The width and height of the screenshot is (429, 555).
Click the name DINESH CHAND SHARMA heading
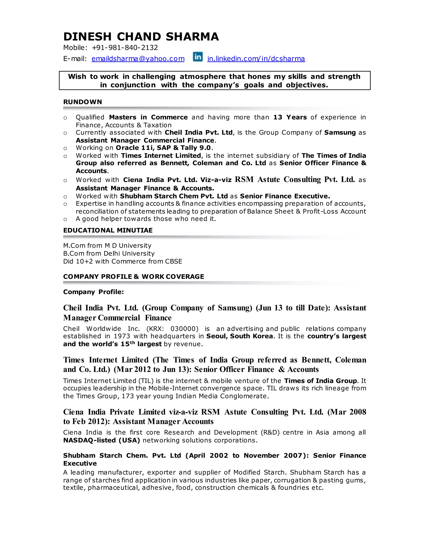[141, 37]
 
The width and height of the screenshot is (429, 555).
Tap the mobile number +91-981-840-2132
[125, 48]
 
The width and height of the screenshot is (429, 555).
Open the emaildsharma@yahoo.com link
[138, 59]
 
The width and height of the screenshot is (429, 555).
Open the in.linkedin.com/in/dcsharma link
[256, 59]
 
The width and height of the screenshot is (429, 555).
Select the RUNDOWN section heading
[82, 102]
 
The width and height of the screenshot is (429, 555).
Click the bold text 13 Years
[290, 117]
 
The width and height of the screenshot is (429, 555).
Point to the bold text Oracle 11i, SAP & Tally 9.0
[163, 148]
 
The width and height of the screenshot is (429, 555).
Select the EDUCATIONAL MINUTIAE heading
[108, 230]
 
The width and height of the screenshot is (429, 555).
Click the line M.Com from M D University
[107, 246]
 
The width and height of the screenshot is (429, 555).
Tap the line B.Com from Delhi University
[109, 254]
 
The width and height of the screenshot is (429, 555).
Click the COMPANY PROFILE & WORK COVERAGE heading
[133, 277]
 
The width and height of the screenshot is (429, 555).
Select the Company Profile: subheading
[93, 292]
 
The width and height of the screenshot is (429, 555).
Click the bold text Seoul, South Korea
[239, 336]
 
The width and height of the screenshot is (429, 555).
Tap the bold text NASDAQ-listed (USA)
[101, 440]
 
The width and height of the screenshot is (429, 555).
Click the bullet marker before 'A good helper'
[65, 219]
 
